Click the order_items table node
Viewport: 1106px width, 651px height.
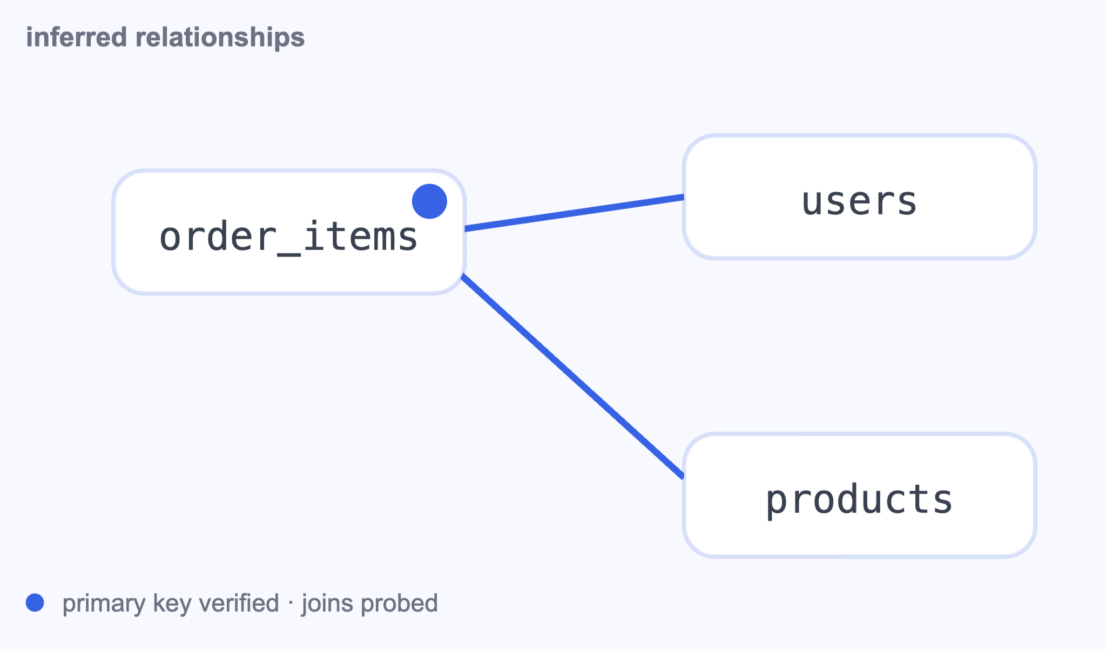[289, 232]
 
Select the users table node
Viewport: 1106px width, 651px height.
[859, 197]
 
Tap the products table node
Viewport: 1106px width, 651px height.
[859, 495]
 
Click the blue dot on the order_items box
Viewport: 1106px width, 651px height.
[429, 201]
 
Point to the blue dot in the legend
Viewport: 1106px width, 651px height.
[35, 602]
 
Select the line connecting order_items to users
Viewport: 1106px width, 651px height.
[574, 213]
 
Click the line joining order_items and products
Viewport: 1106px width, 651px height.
[572, 376]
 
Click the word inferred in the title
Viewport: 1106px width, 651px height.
[77, 37]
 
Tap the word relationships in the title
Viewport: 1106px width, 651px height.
[220, 38]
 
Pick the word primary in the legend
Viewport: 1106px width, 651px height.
[104, 603]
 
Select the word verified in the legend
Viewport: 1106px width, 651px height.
[239, 603]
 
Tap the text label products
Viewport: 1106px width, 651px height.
[859, 500]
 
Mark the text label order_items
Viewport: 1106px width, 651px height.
[289, 238]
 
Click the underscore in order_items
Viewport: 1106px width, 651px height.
[289, 254]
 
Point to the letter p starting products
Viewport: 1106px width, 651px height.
[778, 503]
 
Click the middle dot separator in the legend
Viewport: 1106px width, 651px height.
[291, 603]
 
